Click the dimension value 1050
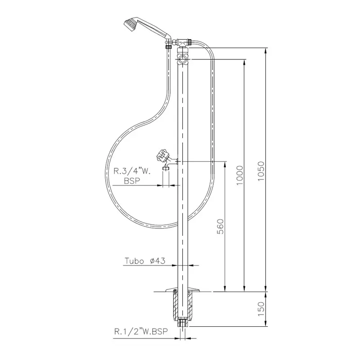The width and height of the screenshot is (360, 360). [x=261, y=171]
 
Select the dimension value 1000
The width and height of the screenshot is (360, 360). [x=239, y=175]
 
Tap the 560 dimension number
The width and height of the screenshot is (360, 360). [x=220, y=226]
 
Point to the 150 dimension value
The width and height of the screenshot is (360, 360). [x=261, y=309]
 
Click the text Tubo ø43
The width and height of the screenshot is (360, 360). [x=145, y=261]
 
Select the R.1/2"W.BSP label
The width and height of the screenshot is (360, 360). [x=141, y=332]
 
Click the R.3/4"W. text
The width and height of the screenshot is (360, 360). [x=132, y=171]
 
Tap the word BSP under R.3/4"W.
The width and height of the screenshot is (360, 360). [x=132, y=181]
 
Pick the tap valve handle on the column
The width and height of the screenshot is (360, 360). [x=163, y=155]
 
